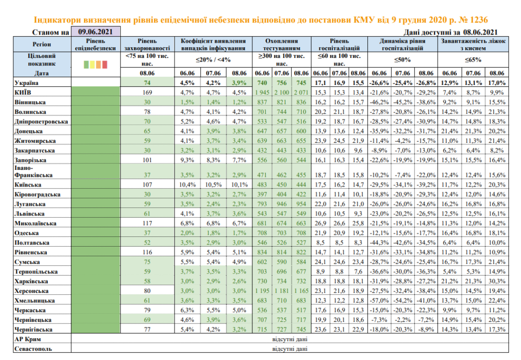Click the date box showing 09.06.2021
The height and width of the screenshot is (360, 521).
pyautogui.click(x=96, y=32)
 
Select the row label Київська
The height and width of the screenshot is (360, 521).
pyautogui.click(x=28, y=185)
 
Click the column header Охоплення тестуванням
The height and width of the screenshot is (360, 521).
pyautogui.click(x=281, y=44)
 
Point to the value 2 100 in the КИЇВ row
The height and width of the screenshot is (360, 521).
pyautogui.click(x=281, y=92)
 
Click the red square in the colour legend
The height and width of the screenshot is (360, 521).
pyautogui.click(x=105, y=65)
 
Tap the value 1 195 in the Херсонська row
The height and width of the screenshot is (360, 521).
pyautogui.click(x=263, y=291)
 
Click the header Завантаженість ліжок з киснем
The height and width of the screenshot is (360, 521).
pyautogui.click(x=473, y=44)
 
